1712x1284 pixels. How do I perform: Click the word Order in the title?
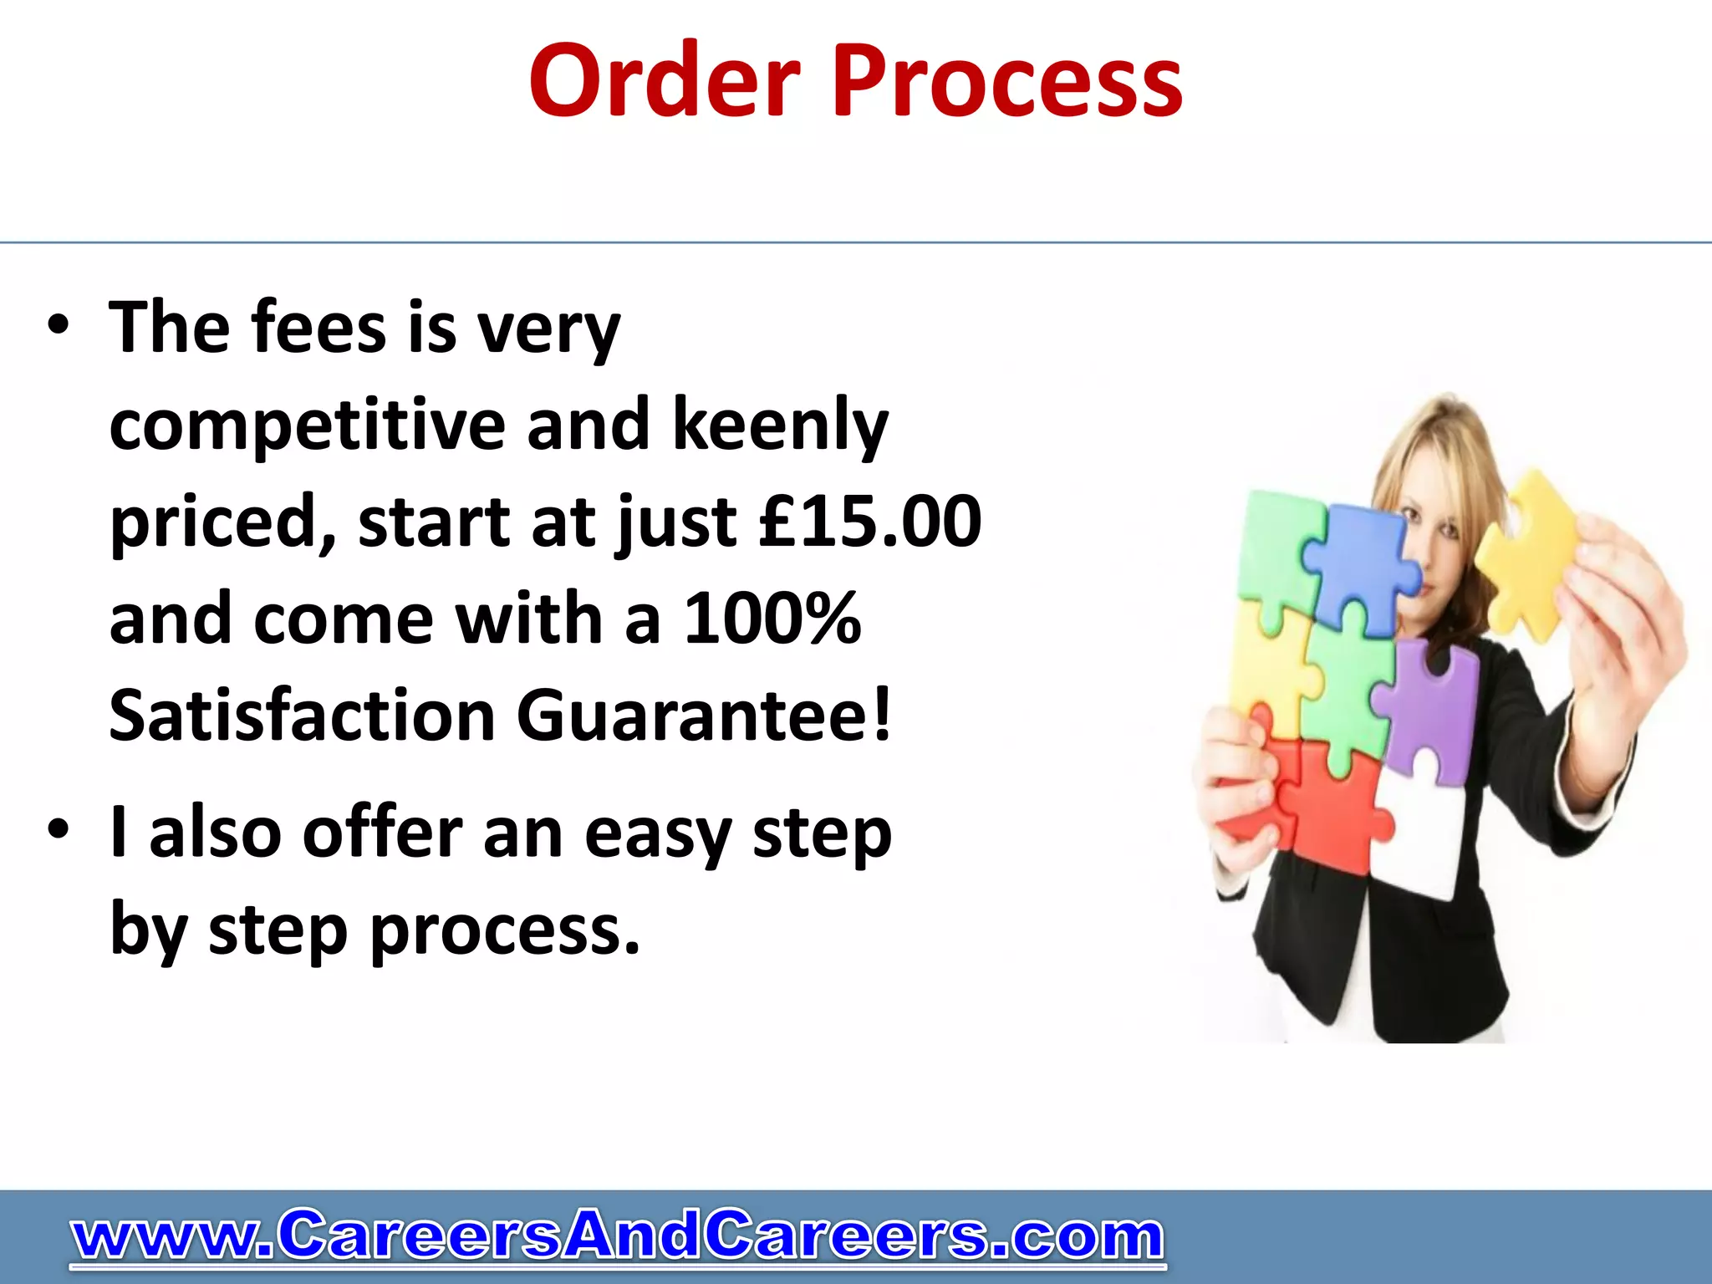click(x=665, y=82)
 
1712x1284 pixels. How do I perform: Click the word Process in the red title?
click(x=1006, y=82)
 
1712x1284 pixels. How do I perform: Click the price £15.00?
click(x=870, y=522)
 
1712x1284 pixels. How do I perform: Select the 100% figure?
click(x=772, y=619)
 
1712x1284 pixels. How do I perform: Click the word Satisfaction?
click(x=303, y=716)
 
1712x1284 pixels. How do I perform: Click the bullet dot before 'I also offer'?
click(x=58, y=831)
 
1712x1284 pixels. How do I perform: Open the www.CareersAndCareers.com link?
click(x=618, y=1236)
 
